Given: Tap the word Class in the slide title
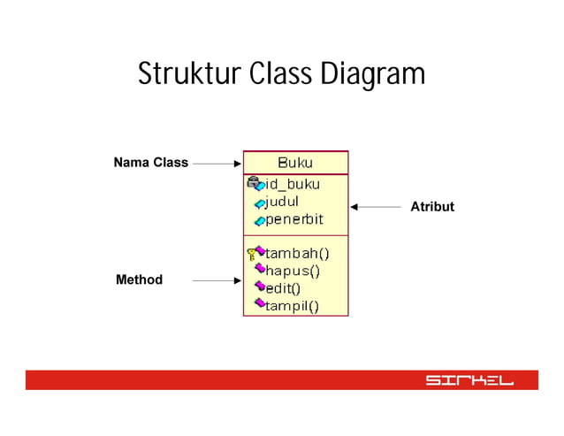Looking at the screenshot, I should [x=274, y=74].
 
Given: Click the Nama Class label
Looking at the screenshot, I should [x=150, y=163].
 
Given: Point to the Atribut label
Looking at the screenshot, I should [x=432, y=207].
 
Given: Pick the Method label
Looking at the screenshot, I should [x=139, y=280].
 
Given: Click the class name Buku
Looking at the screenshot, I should [x=295, y=163].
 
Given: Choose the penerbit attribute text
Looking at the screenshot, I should [x=294, y=219].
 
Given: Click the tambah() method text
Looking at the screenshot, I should [x=298, y=252].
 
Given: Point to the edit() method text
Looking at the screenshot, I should [x=283, y=287].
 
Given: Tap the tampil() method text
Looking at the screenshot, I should [x=293, y=306].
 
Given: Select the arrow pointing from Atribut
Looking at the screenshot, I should [x=376, y=207].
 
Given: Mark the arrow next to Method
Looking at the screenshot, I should [x=217, y=281].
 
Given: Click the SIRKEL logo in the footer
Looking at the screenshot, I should [x=469, y=380].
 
